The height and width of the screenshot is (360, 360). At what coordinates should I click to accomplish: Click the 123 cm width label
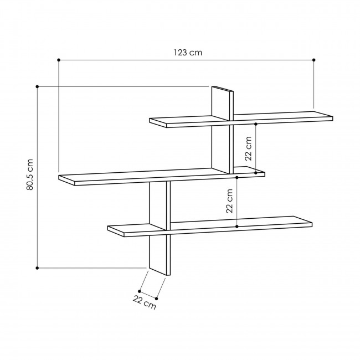[186, 53]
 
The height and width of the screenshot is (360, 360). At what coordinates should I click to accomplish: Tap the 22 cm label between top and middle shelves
[249, 148]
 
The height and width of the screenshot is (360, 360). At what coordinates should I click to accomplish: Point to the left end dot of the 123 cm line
[59, 59]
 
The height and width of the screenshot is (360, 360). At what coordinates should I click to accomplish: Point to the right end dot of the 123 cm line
[314, 59]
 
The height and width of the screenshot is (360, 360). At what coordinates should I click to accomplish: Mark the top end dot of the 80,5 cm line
[37, 86]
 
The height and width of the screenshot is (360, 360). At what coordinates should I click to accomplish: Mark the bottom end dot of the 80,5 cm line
[37, 268]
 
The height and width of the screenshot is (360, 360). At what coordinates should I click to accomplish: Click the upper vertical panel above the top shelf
[222, 102]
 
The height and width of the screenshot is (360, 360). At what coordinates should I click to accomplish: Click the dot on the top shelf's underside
[256, 124]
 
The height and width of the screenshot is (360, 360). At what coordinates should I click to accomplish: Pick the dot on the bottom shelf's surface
[237, 226]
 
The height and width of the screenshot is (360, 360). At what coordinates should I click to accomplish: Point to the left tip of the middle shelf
[61, 178]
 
